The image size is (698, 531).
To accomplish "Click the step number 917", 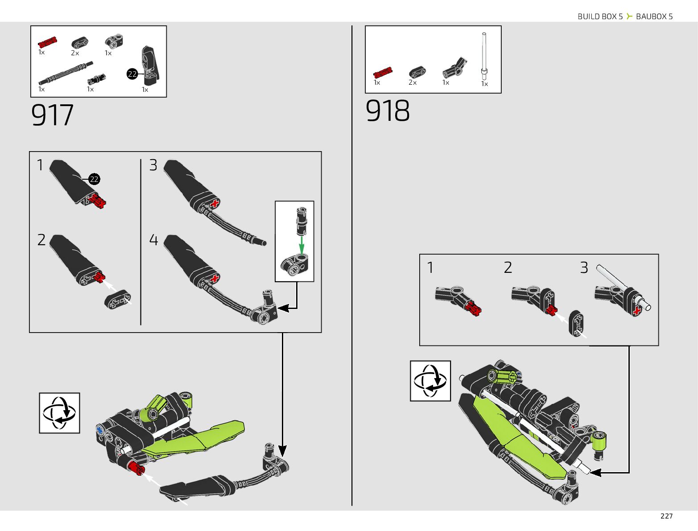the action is (x=52, y=115).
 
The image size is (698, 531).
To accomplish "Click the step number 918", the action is (x=387, y=111).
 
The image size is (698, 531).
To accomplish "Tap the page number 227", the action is (x=666, y=516).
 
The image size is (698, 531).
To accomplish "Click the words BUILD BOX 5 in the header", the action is (x=600, y=16).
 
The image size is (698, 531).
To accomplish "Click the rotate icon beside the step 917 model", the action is (x=59, y=413).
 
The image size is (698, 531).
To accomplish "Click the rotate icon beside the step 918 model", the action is (x=430, y=381).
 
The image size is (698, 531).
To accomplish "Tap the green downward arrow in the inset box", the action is (x=302, y=244).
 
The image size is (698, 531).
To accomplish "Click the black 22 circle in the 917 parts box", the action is (x=132, y=74).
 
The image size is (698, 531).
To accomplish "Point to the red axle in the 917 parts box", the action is (x=47, y=42).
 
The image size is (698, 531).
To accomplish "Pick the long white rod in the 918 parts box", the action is (x=484, y=56).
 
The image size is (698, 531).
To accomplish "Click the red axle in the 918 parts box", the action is (x=383, y=72).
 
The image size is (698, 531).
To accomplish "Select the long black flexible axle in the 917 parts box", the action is (x=66, y=74).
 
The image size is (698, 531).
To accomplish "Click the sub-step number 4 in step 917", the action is (x=153, y=240).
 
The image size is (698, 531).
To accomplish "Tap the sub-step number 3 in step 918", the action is (x=584, y=268).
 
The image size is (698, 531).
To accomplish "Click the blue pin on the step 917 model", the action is (x=99, y=430).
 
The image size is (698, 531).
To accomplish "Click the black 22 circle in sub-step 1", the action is (x=94, y=179).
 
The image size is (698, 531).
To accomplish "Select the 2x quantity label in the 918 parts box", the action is (x=413, y=82).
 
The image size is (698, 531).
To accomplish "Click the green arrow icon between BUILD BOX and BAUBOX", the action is (x=629, y=16).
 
